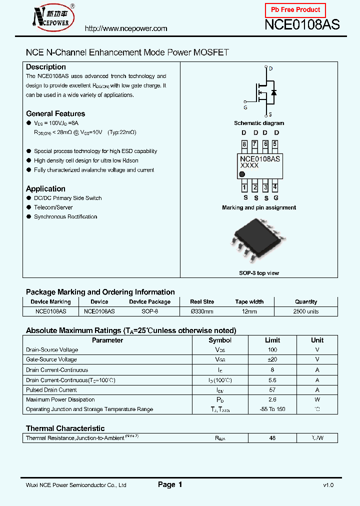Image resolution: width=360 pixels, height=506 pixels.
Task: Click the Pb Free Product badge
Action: click(x=295, y=10)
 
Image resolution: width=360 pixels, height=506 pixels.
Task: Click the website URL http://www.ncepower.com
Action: click(x=126, y=28)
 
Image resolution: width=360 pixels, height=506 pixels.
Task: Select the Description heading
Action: click(x=46, y=67)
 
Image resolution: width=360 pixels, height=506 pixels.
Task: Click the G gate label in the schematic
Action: click(x=245, y=107)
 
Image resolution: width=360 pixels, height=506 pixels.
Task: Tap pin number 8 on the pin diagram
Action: click(x=244, y=144)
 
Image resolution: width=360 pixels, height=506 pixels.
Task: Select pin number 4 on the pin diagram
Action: click(x=275, y=187)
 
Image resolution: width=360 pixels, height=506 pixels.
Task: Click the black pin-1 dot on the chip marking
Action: click(x=242, y=174)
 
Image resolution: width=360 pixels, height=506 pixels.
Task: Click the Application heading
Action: click(x=45, y=189)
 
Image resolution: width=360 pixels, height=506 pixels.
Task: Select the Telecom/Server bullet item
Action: click(x=53, y=207)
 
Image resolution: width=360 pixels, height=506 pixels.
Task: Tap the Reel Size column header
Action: click(x=202, y=302)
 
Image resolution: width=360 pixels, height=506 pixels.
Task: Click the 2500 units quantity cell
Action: click(x=305, y=311)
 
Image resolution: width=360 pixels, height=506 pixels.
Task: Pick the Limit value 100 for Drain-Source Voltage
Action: click(x=272, y=350)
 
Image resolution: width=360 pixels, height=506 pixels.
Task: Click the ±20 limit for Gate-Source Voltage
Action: click(x=272, y=359)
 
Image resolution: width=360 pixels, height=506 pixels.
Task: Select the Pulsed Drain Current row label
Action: click(x=51, y=390)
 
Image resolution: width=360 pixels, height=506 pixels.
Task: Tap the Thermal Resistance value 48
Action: click(x=272, y=438)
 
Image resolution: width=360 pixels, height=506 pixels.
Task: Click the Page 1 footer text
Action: click(x=170, y=484)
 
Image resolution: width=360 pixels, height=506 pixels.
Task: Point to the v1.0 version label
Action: click(x=328, y=485)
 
